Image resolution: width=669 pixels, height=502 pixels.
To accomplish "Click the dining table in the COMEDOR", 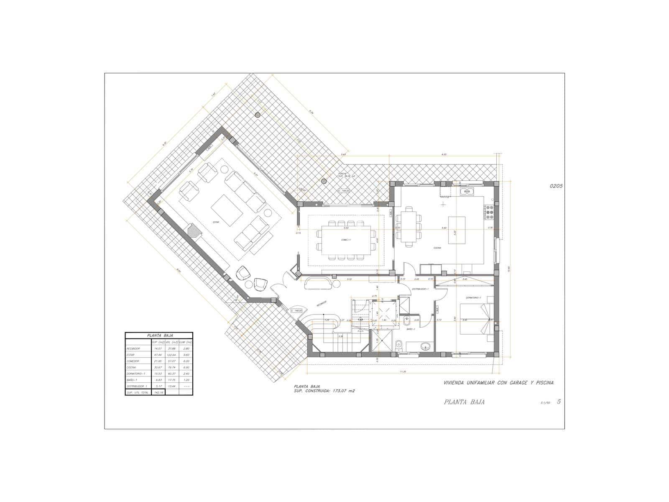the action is coord(345,240).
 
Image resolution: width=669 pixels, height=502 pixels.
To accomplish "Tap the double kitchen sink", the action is coord(467,192).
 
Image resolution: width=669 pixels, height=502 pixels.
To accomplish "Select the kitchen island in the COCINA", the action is coord(457,231).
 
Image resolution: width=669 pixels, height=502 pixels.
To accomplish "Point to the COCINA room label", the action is coord(437,248).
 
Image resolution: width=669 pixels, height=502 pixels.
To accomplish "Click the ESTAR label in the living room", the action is coord(216,222).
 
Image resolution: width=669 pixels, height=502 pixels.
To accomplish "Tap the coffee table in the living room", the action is coord(227,210).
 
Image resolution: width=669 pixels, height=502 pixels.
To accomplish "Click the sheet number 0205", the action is coord(556,187).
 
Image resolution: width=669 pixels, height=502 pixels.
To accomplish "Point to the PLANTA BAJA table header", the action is coord(159,335).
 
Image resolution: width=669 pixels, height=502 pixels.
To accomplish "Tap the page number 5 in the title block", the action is coord(559,402).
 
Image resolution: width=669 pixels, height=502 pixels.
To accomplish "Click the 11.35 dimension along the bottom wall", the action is coord(403,371).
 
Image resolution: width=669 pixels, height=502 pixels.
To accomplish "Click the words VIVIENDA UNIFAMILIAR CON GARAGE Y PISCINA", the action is coord(498,382).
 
